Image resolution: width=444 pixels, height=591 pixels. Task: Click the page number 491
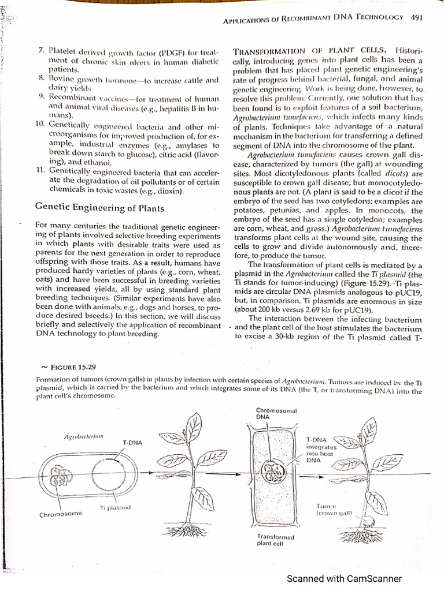pyautogui.click(x=417, y=17)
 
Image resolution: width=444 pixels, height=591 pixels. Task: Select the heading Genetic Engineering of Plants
pyautogui.click(x=99, y=208)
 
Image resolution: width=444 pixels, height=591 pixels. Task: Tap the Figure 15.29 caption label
pyautogui.click(x=73, y=366)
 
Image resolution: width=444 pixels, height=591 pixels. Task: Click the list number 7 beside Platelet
pyautogui.click(x=41, y=51)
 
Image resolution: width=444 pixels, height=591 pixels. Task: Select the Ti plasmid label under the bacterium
pyautogui.click(x=116, y=507)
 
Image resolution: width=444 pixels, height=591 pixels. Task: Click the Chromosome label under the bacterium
pyautogui.click(x=61, y=513)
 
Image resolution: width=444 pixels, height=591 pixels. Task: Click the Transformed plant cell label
pyautogui.click(x=276, y=540)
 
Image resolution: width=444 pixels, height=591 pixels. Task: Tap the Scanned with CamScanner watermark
pyautogui.click(x=344, y=579)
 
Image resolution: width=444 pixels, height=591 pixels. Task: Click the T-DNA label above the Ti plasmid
pyautogui.click(x=132, y=442)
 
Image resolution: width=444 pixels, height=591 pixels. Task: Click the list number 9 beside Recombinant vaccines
pyautogui.click(x=41, y=95)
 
